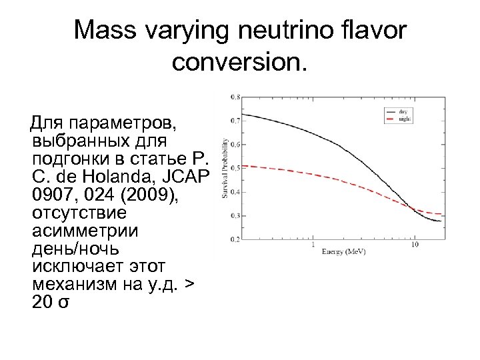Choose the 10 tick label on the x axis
[x=415, y=245]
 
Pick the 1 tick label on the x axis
[x=313, y=245]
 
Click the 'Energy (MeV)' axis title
[x=343, y=253]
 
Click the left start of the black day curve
[x=242, y=114]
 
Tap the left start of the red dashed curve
[x=242, y=165]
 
